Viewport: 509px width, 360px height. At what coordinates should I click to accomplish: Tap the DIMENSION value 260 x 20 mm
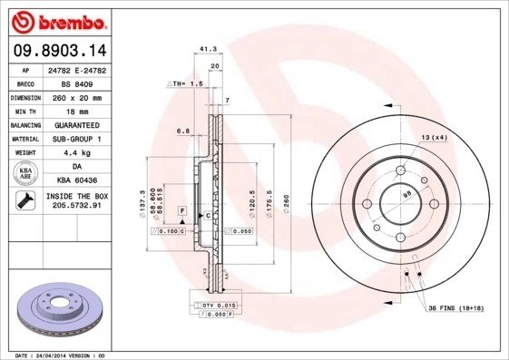point(76,96)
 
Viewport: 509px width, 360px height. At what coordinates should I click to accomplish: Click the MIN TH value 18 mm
point(76,110)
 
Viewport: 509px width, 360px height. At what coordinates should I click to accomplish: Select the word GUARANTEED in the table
point(76,124)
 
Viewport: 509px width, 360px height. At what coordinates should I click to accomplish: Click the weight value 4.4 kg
point(76,152)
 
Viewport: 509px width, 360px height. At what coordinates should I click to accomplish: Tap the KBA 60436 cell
point(76,181)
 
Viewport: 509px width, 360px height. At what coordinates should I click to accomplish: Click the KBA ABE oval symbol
point(26,174)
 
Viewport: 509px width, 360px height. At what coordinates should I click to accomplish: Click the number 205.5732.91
point(76,207)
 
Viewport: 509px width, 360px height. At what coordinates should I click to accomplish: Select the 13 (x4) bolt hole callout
point(434,137)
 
